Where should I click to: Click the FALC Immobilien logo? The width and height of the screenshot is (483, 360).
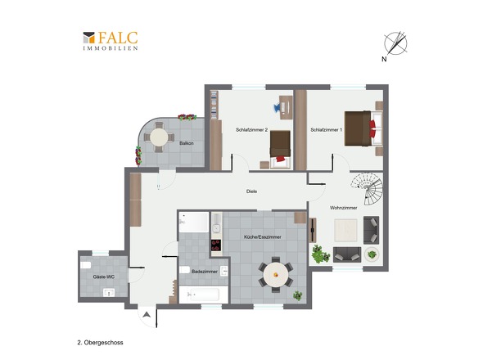(x=111, y=41)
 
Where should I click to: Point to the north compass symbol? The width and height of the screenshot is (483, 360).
(x=395, y=44)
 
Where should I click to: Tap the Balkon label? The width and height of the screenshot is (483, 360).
(x=187, y=143)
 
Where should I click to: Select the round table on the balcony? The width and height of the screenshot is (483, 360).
(x=159, y=137)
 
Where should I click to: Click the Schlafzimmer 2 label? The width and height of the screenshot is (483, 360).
(x=251, y=130)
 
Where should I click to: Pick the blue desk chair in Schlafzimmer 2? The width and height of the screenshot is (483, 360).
(x=277, y=107)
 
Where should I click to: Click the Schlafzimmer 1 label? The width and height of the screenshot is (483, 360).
(x=326, y=130)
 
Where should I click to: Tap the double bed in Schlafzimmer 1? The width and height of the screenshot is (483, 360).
(x=363, y=128)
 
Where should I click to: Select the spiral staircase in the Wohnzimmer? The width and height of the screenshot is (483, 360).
(x=368, y=188)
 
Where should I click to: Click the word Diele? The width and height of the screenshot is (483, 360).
(x=251, y=191)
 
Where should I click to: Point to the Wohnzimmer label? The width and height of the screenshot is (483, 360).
(x=344, y=208)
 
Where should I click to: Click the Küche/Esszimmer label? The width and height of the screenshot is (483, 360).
(x=263, y=237)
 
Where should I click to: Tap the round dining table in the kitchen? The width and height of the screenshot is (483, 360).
(x=276, y=274)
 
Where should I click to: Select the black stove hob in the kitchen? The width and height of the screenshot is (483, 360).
(x=216, y=245)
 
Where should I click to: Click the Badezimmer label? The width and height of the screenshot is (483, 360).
(x=205, y=272)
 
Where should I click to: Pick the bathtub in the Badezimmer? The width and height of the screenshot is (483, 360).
(x=204, y=295)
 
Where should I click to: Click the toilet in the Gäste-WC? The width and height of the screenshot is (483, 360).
(x=86, y=265)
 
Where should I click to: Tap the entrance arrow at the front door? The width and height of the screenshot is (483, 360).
(x=147, y=314)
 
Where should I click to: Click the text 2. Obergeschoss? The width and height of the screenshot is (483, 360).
(x=100, y=343)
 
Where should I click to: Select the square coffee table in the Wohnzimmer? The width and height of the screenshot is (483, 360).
(x=345, y=230)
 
